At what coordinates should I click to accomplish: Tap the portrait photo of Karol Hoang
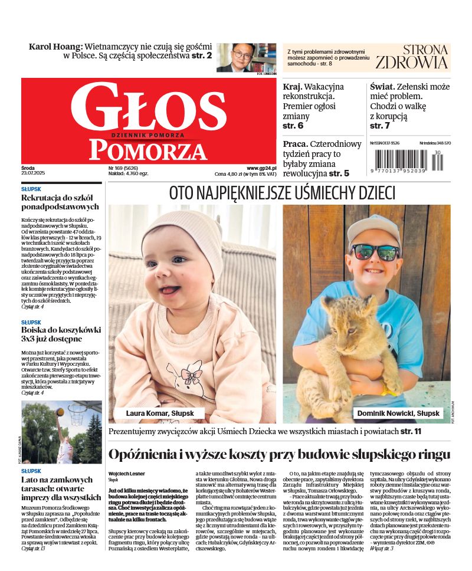pyautogui.click(x=246, y=57)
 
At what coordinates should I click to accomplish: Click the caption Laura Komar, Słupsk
pyautogui.click(x=160, y=414)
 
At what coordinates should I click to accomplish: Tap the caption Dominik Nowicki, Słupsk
pyautogui.click(x=398, y=414)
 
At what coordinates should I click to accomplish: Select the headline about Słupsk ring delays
pyautogui.click(x=279, y=455)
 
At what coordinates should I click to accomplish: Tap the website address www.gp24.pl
pyautogui.click(x=261, y=168)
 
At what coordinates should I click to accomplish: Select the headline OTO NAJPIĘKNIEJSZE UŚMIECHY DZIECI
pyautogui.click(x=282, y=193)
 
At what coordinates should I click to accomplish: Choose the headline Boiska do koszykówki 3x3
pyautogui.click(x=61, y=334)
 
